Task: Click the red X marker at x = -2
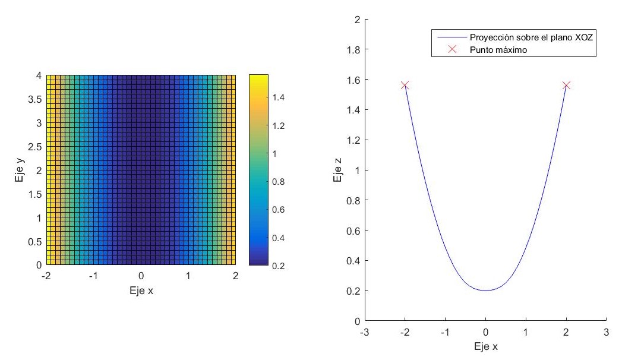tap(405, 86)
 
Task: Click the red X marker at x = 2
tap(566, 86)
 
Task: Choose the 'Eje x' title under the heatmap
tap(141, 291)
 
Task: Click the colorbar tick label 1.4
tap(263, 97)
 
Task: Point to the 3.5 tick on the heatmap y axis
tap(35, 99)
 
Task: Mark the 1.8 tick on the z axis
tap(353, 49)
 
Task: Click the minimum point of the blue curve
tap(485, 290)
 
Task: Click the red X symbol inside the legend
tap(451, 50)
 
